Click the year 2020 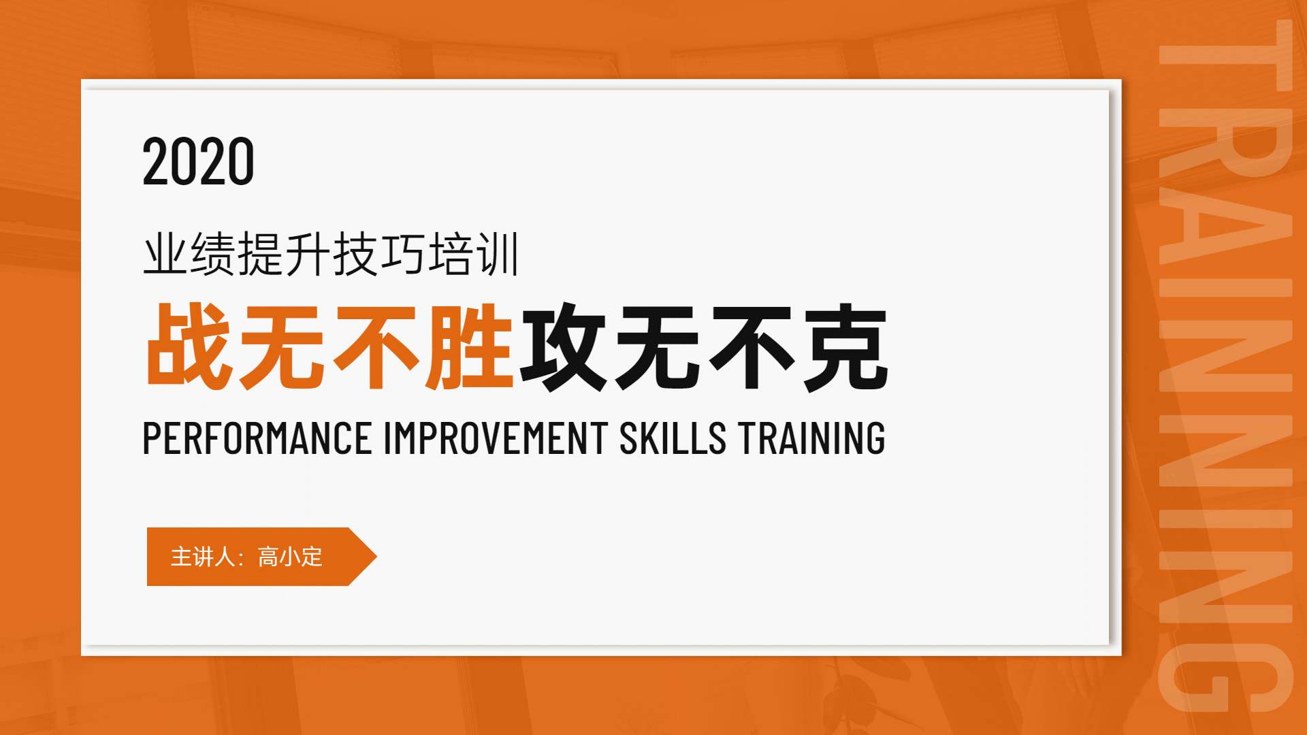click(x=198, y=161)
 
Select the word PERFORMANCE click(x=257, y=438)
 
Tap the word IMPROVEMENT click(x=496, y=438)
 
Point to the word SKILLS click(x=673, y=438)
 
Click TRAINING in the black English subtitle click(x=812, y=438)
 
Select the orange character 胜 click(x=470, y=346)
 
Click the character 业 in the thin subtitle click(x=165, y=254)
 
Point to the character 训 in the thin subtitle click(x=498, y=254)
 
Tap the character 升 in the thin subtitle click(x=308, y=254)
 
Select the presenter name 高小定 click(x=290, y=557)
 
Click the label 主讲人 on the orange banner click(x=203, y=557)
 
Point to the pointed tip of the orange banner click(x=376, y=557)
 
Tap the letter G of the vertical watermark click(x=1225, y=677)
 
